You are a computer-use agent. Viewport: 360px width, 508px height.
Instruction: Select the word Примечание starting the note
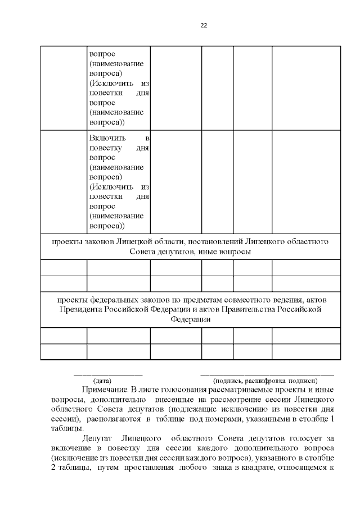104,389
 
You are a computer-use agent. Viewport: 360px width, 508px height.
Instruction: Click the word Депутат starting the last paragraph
97,438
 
